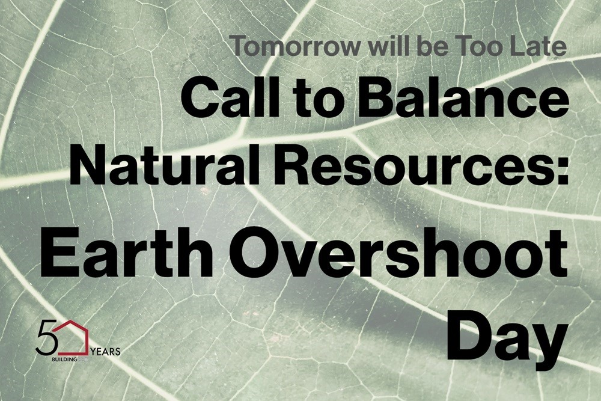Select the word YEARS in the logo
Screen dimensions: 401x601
click(x=106, y=350)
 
